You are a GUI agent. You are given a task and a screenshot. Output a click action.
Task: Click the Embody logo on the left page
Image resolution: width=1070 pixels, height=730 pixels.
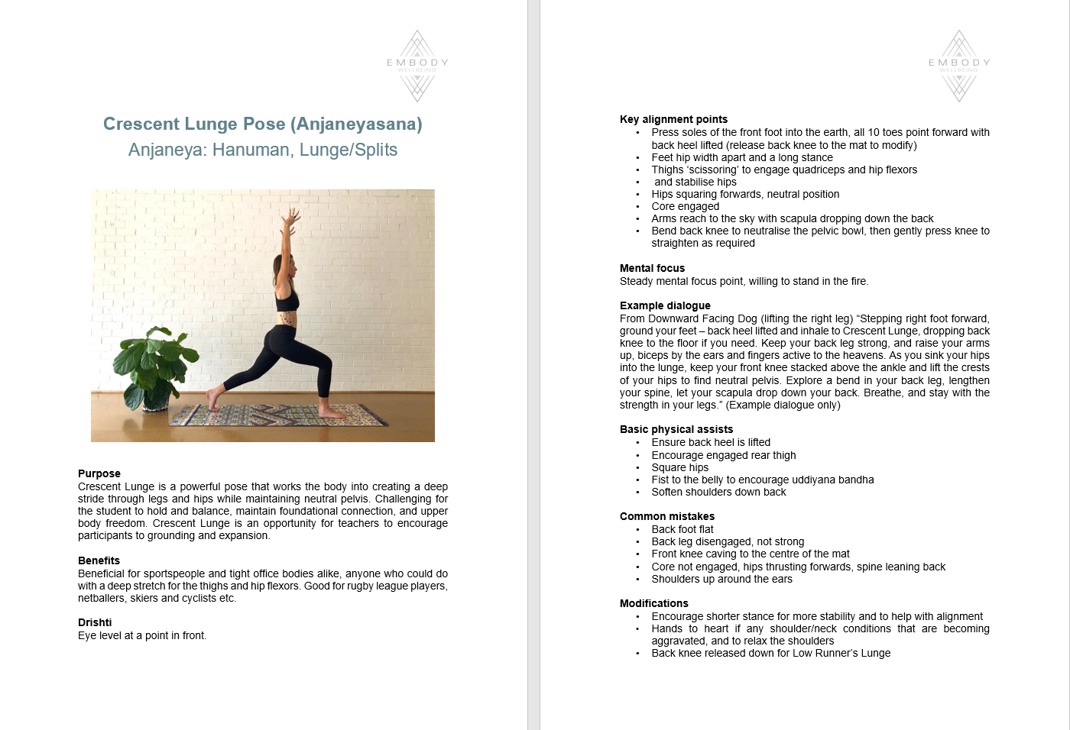click(x=417, y=66)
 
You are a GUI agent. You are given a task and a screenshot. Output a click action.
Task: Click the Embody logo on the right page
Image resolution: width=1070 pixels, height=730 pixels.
click(x=959, y=66)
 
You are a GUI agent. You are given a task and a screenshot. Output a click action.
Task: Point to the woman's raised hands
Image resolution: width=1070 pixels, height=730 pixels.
click(x=289, y=217)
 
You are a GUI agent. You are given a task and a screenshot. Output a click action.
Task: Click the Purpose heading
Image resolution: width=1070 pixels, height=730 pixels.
click(x=99, y=473)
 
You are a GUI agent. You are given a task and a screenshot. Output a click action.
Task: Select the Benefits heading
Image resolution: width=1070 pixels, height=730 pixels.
click(x=99, y=560)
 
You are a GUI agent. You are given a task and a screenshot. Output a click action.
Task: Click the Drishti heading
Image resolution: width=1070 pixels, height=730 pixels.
click(x=95, y=622)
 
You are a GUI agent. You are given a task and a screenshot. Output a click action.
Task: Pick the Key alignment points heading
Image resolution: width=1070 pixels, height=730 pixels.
click(x=673, y=119)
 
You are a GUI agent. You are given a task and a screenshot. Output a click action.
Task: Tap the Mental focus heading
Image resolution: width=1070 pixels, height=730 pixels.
click(x=652, y=268)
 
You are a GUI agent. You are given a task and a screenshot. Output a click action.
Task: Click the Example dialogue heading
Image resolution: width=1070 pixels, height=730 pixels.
click(x=665, y=305)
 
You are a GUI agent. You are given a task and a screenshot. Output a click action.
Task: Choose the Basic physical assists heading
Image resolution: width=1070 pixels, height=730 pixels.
click(x=676, y=429)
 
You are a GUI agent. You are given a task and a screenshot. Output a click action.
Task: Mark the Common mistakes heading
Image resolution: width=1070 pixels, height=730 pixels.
click(x=667, y=516)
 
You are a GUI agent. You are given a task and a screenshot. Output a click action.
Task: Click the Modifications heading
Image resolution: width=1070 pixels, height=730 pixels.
click(x=654, y=603)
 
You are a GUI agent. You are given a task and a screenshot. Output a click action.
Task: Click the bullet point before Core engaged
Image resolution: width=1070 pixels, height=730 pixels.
click(x=637, y=206)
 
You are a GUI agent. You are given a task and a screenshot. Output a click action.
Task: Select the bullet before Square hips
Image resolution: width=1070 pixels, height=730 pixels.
click(x=637, y=467)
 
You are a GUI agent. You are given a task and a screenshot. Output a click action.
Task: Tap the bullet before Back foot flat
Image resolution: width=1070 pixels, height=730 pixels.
click(x=637, y=529)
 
